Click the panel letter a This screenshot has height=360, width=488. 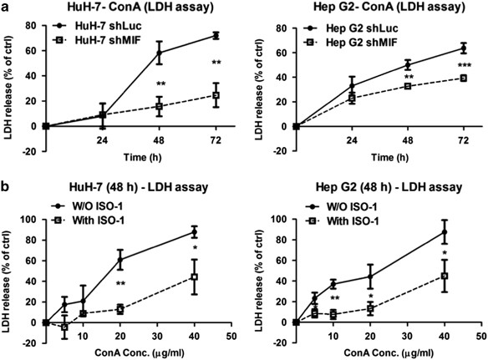tap(5, 8)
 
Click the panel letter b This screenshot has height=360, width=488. tap(5, 181)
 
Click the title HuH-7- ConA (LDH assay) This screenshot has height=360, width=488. tap(126, 8)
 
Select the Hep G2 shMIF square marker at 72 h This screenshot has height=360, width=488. tap(462, 79)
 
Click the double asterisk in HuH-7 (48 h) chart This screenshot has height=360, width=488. tap(121, 284)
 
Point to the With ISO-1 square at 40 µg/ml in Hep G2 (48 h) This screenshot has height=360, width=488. tap(445, 276)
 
